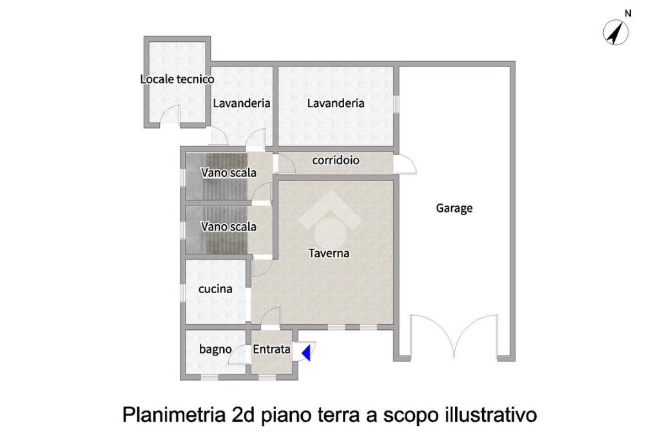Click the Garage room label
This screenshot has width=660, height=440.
click(x=454, y=208)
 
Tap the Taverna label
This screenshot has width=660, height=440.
click(x=329, y=253)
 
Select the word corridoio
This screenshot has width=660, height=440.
click(x=336, y=160)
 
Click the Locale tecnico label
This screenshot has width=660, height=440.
click(x=177, y=79)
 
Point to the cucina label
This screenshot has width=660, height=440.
click(x=215, y=289)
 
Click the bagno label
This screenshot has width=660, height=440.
click(x=215, y=349)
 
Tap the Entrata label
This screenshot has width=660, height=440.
click(x=271, y=349)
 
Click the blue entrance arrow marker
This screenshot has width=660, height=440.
click(x=307, y=352)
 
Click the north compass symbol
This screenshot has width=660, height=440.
click(x=616, y=32)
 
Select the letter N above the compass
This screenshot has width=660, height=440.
click(x=628, y=14)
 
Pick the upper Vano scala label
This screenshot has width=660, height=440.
click(x=229, y=173)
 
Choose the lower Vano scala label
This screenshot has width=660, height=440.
click(x=229, y=226)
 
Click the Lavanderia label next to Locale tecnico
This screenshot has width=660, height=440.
click(x=242, y=103)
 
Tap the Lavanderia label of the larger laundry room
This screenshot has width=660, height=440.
click(x=335, y=103)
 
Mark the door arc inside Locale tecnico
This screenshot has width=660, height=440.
click(x=170, y=115)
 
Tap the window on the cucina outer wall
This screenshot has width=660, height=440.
click(x=183, y=292)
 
